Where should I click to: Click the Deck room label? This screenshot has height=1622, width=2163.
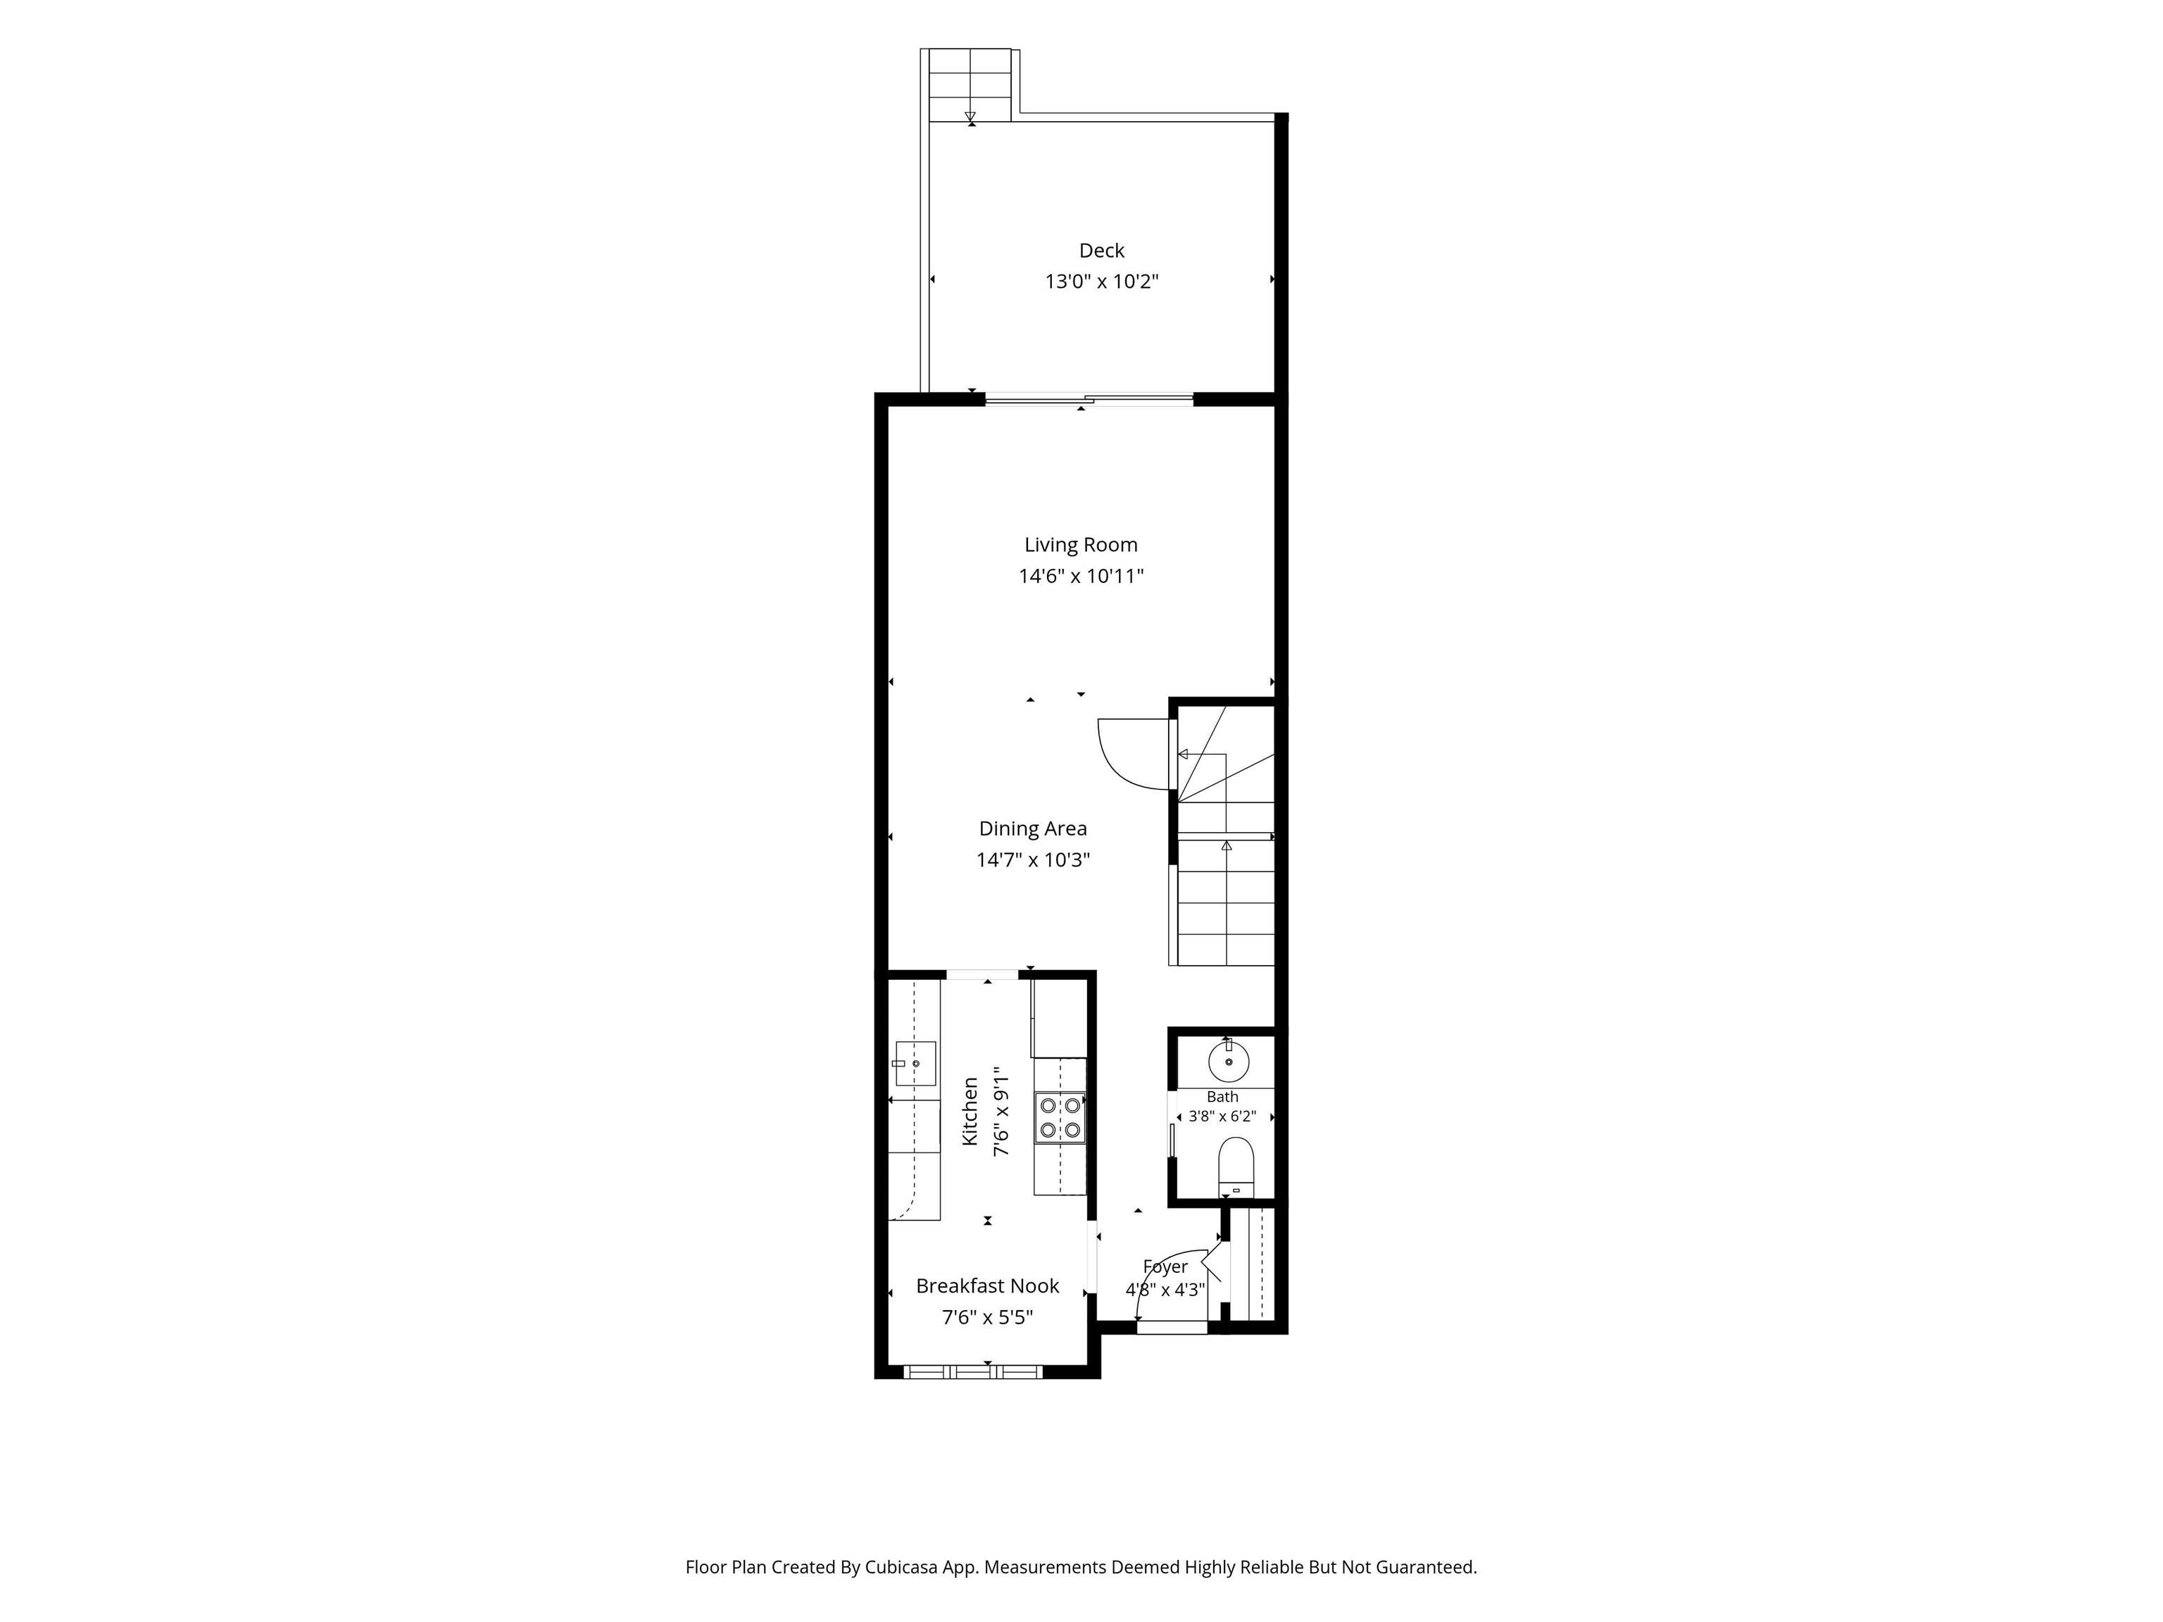pos(1101,251)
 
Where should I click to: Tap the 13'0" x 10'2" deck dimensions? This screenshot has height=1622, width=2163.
pos(1101,282)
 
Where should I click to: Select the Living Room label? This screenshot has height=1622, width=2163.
pos(1081,545)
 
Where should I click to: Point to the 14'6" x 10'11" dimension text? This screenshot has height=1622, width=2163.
pos(1081,576)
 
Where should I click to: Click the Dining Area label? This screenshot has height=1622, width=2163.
pos(1033,828)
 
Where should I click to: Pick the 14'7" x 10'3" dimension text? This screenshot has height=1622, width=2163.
pos(1033,860)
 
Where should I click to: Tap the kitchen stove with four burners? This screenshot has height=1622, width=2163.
pos(1060,1117)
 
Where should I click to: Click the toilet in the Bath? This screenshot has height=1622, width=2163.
pos(1236,1167)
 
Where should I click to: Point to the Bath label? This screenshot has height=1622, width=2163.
pos(1222,1097)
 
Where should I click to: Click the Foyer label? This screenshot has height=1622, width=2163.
pos(1165,1267)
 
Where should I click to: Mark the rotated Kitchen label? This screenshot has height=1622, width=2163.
pos(970,1112)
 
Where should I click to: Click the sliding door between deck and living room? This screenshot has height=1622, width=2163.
pos(1089,399)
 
